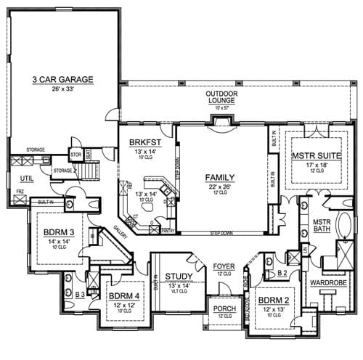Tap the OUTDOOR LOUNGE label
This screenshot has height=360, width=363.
tap(221, 94)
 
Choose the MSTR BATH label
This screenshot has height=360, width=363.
tap(322, 226)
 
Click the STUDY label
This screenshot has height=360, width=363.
tap(178, 276)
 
